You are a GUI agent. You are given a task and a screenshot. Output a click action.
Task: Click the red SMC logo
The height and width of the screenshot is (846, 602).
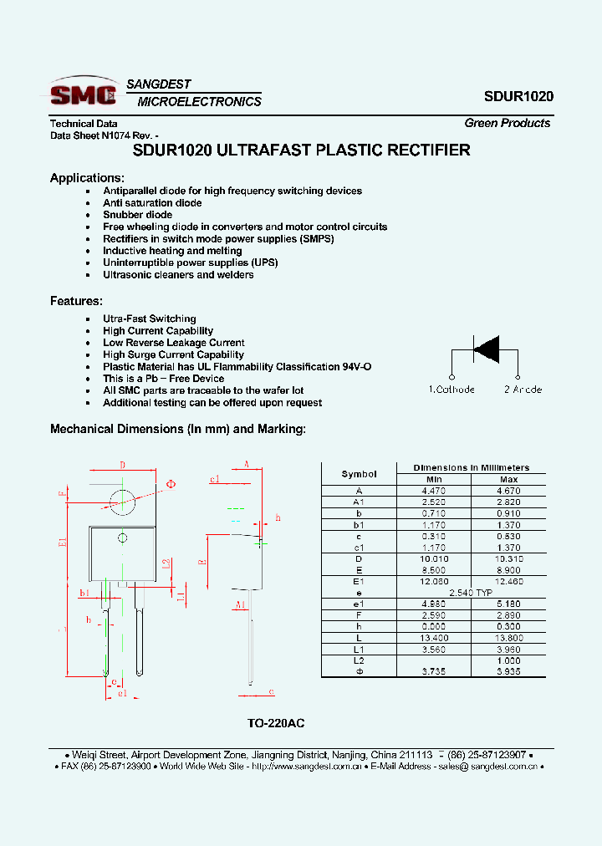[83, 93]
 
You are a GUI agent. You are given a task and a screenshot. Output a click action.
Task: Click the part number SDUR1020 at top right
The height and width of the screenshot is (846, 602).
[518, 96]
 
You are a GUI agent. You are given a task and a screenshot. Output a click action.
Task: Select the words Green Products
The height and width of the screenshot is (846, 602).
[508, 123]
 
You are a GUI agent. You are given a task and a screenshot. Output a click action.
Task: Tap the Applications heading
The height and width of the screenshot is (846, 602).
[87, 177]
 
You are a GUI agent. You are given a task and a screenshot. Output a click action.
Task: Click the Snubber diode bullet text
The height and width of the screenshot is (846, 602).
[138, 215]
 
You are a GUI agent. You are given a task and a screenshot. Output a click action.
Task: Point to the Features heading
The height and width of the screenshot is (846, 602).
[76, 301]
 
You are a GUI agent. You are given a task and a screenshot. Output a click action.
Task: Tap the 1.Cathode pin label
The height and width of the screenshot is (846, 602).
[451, 390]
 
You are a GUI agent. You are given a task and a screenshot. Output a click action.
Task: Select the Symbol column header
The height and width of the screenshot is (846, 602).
[359, 474]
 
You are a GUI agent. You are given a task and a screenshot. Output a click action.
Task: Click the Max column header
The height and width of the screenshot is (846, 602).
[508, 479]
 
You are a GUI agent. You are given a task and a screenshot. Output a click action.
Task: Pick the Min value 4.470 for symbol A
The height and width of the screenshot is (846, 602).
[434, 491]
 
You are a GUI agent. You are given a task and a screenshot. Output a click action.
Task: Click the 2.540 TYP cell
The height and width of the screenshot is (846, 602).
[472, 593]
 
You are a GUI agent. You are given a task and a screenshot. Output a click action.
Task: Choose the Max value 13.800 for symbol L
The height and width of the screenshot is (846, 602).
[508, 638]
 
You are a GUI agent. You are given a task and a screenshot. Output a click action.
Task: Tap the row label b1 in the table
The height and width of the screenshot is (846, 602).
[359, 525]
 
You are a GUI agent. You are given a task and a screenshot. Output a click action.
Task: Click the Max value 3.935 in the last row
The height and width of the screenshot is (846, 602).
[508, 671]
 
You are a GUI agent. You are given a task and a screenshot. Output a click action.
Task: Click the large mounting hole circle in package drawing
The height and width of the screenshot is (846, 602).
[123, 502]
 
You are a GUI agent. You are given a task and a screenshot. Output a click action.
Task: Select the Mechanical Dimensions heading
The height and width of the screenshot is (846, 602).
[178, 429]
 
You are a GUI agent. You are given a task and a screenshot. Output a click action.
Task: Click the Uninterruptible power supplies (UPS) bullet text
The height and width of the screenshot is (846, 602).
[190, 262]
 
